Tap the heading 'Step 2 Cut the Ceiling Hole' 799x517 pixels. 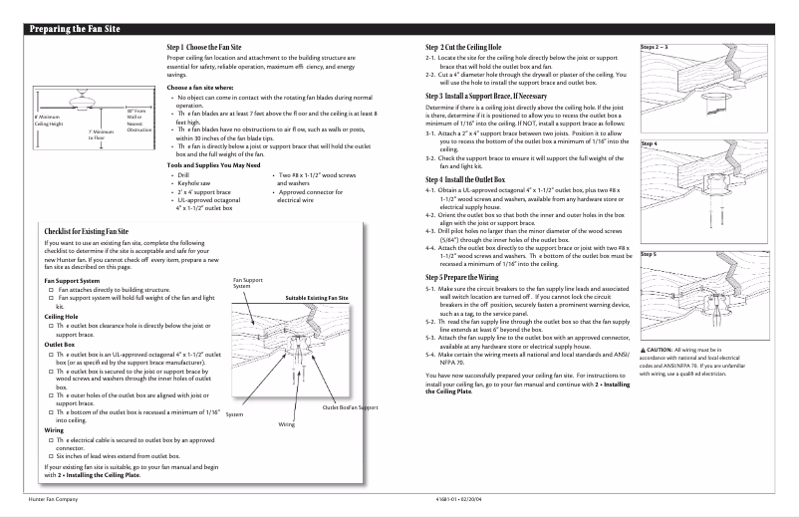(468, 48)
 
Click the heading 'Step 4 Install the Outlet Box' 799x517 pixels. (472, 178)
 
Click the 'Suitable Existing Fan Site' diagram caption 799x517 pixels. (317, 298)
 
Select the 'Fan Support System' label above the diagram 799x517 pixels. (247, 284)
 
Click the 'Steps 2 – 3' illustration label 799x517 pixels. (655, 47)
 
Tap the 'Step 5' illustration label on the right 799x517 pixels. (649, 255)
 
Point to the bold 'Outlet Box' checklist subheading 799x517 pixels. (62, 344)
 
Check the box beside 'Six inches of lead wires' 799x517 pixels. (50, 455)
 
